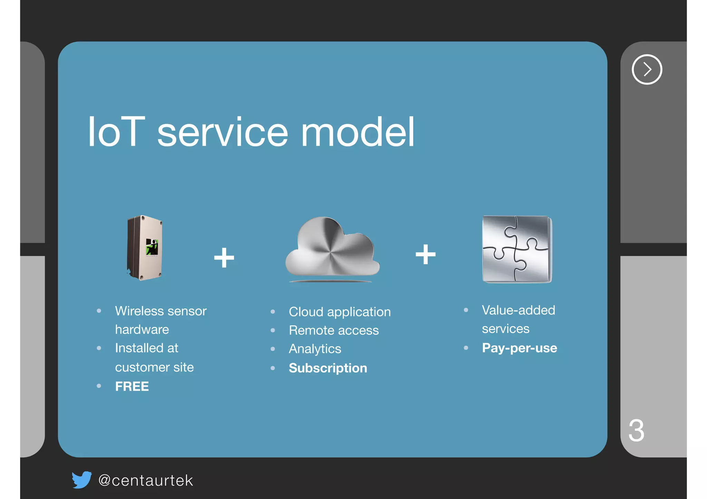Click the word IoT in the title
[116, 132]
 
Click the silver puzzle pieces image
[517, 249]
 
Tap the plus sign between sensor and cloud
[224, 258]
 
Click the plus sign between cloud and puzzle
[425, 255]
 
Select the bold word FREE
[132, 386]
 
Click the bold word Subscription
[328, 368]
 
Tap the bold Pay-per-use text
[519, 348]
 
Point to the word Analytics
[315, 349]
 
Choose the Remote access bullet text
[333, 330]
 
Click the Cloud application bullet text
[340, 312]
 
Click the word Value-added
[518, 310]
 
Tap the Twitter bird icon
[82, 480]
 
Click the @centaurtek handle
[145, 480]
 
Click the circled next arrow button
[647, 69]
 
